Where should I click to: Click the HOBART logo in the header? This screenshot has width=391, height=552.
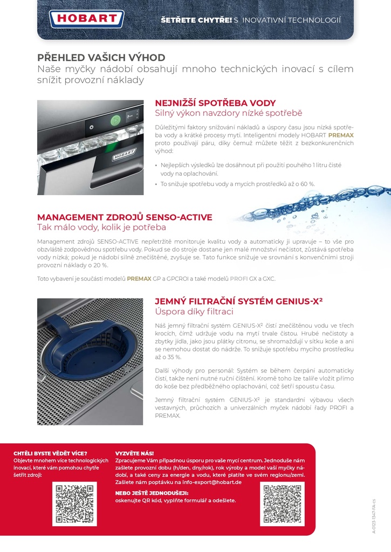pyautogui.click(x=87, y=19)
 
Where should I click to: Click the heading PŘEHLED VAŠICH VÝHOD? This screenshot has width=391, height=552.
pyautogui.click(x=101, y=58)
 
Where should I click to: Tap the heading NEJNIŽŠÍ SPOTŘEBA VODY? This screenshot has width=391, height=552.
pyautogui.click(x=215, y=103)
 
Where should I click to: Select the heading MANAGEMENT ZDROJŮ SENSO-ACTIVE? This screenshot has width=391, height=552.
pyautogui.click(x=125, y=217)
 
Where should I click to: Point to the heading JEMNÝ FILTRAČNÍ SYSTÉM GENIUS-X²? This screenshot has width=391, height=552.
pyautogui.click(x=238, y=301)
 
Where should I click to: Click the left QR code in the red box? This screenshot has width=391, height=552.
pyautogui.click(x=74, y=504)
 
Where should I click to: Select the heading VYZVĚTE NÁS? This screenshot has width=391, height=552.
pyautogui.click(x=134, y=453)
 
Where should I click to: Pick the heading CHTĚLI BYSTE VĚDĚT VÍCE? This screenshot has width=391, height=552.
pyautogui.click(x=50, y=453)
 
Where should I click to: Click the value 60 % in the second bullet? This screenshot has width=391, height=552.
pyautogui.click(x=307, y=184)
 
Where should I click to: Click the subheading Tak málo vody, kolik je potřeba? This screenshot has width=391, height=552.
pyautogui.click(x=101, y=227)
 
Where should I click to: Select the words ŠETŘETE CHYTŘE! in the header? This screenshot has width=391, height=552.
pyautogui.click(x=196, y=20)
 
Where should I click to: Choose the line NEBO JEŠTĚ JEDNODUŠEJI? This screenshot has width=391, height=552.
pyautogui.click(x=151, y=493)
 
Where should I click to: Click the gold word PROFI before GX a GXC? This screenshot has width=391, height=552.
pyautogui.click(x=239, y=279)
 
